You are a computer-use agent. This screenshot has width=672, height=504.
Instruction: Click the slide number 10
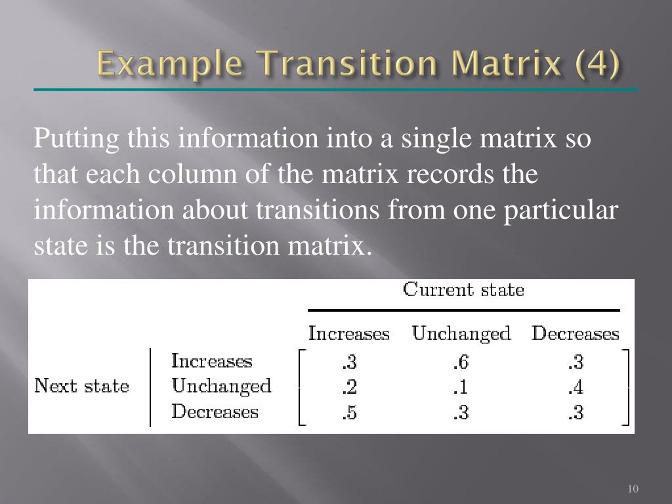tap(633, 489)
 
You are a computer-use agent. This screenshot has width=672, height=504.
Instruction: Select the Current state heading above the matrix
tap(463, 289)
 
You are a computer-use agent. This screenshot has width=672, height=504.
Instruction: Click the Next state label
tap(81, 386)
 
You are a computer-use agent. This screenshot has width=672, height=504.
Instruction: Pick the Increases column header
tap(349, 333)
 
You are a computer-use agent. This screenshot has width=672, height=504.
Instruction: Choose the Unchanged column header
tap(461, 333)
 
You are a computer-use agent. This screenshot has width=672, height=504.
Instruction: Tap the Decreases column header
tap(575, 333)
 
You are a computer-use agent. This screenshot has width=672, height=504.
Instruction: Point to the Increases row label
tap(211, 361)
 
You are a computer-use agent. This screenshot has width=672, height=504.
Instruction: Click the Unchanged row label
tap(221, 386)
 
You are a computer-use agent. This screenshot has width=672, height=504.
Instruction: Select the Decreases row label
tap(215, 411)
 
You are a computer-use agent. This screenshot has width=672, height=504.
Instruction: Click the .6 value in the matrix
tap(461, 362)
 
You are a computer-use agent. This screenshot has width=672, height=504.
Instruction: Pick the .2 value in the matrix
tap(349, 388)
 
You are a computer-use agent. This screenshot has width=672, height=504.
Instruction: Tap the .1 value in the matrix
tap(461, 388)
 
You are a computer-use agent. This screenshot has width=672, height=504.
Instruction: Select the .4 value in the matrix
tap(576, 388)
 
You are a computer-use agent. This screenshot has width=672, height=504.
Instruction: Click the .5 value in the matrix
tap(349, 413)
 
